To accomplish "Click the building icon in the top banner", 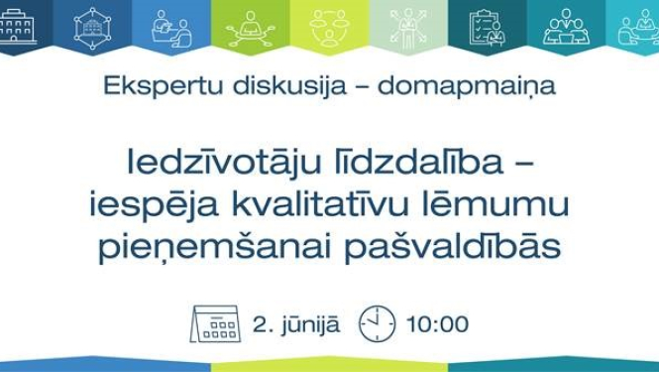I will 19,27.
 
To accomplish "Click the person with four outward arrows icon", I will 408,28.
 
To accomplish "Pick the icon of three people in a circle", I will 330,27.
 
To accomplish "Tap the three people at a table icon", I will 565,28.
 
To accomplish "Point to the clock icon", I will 377,323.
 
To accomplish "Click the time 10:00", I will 437,324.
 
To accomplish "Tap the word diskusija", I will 262,85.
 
